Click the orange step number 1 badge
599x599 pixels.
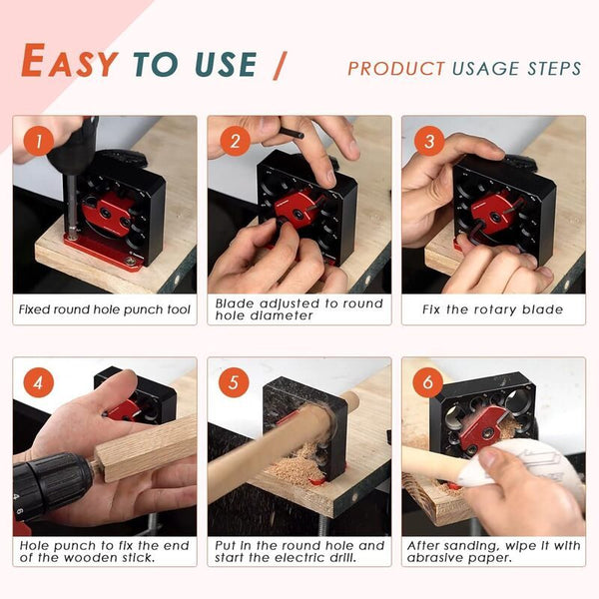tap(39, 142)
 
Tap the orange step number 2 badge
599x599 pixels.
tap(235, 141)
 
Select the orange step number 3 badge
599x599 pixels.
tap(429, 141)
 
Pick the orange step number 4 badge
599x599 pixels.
tap(39, 382)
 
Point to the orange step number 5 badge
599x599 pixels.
tap(234, 382)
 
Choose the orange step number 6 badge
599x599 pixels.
tap(428, 382)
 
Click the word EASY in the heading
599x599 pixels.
tap(69, 61)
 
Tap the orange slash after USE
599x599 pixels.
tap(280, 65)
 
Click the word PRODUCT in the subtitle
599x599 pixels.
tap(396, 69)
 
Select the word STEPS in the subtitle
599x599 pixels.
tap(554, 69)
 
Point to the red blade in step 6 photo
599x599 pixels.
tap(483, 428)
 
